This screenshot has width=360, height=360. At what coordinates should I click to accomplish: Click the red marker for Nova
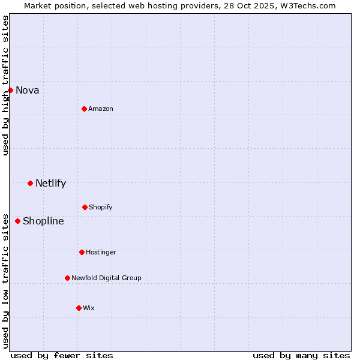tap(10, 90)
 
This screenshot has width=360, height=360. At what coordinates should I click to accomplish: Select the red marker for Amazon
tap(84, 109)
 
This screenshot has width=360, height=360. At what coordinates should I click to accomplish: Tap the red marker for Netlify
tap(30, 183)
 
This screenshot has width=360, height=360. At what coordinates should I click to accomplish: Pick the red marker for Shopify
tap(85, 207)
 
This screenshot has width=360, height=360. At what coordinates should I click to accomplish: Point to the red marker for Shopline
tap(17, 221)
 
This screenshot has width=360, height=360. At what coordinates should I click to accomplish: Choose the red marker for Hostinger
tap(82, 252)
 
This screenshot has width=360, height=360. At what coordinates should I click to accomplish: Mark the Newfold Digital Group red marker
tap(67, 278)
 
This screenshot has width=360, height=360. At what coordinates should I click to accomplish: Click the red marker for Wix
tap(79, 308)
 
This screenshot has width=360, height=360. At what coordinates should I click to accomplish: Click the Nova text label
tap(28, 91)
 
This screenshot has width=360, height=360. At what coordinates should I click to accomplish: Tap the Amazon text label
tap(101, 109)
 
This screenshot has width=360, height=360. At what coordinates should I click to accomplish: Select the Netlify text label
tap(50, 184)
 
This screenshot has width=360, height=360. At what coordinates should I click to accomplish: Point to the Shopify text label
tap(101, 208)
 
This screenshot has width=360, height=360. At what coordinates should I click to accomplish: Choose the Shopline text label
tap(43, 221)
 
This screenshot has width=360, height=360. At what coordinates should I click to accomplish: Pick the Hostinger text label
tap(101, 253)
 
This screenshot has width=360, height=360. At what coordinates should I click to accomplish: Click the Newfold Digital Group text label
tap(106, 278)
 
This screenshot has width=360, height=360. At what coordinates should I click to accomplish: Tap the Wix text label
tap(89, 308)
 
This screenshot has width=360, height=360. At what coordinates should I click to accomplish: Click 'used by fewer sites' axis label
tap(62, 355)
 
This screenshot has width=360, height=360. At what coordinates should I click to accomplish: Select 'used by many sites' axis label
tap(301, 355)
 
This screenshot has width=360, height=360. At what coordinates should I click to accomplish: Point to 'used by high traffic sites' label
tap(5, 85)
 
